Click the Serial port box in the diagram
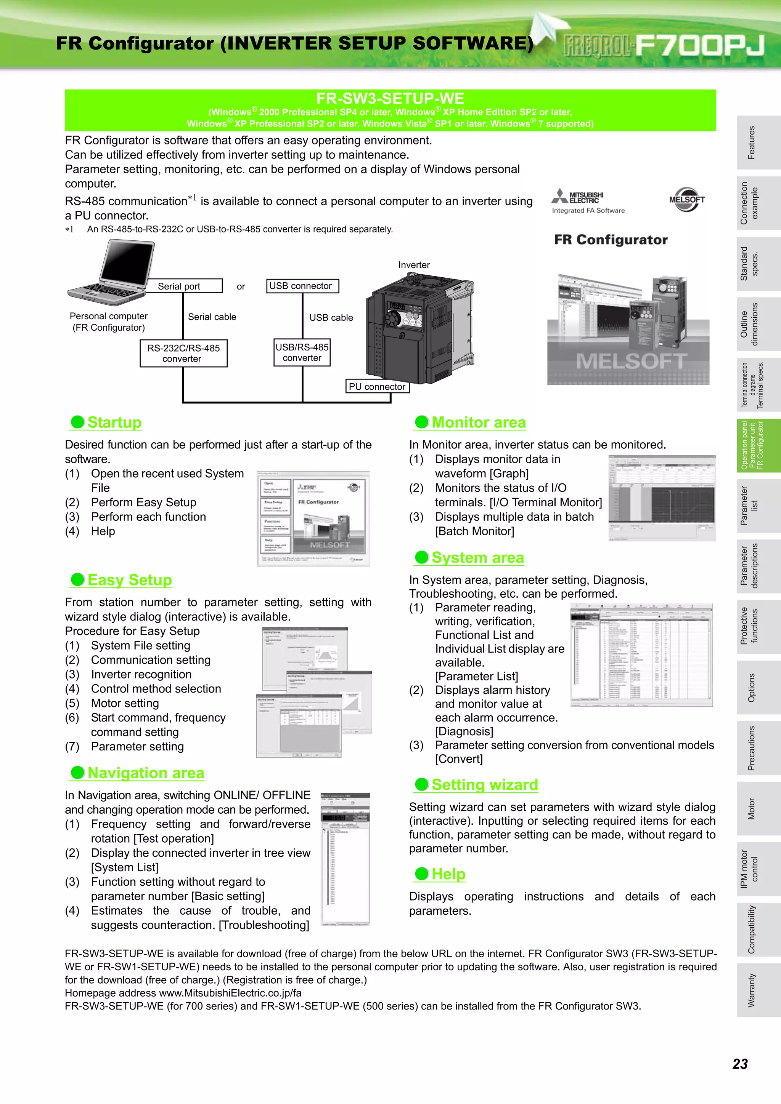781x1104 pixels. click(x=184, y=286)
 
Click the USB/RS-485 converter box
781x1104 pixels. click(x=302, y=352)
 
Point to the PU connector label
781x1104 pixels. click(x=377, y=387)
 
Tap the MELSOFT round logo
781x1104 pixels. click(x=687, y=200)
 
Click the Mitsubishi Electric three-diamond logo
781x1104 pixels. click(x=560, y=196)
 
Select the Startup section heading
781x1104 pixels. click(x=114, y=422)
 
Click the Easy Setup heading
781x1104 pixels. click(x=129, y=580)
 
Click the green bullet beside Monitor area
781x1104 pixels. click(x=421, y=422)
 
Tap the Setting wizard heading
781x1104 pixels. click(x=485, y=785)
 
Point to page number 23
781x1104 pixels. click(x=739, y=1064)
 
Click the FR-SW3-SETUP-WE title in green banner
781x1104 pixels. click(x=390, y=99)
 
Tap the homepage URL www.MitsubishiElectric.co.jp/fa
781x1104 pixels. click(x=230, y=993)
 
